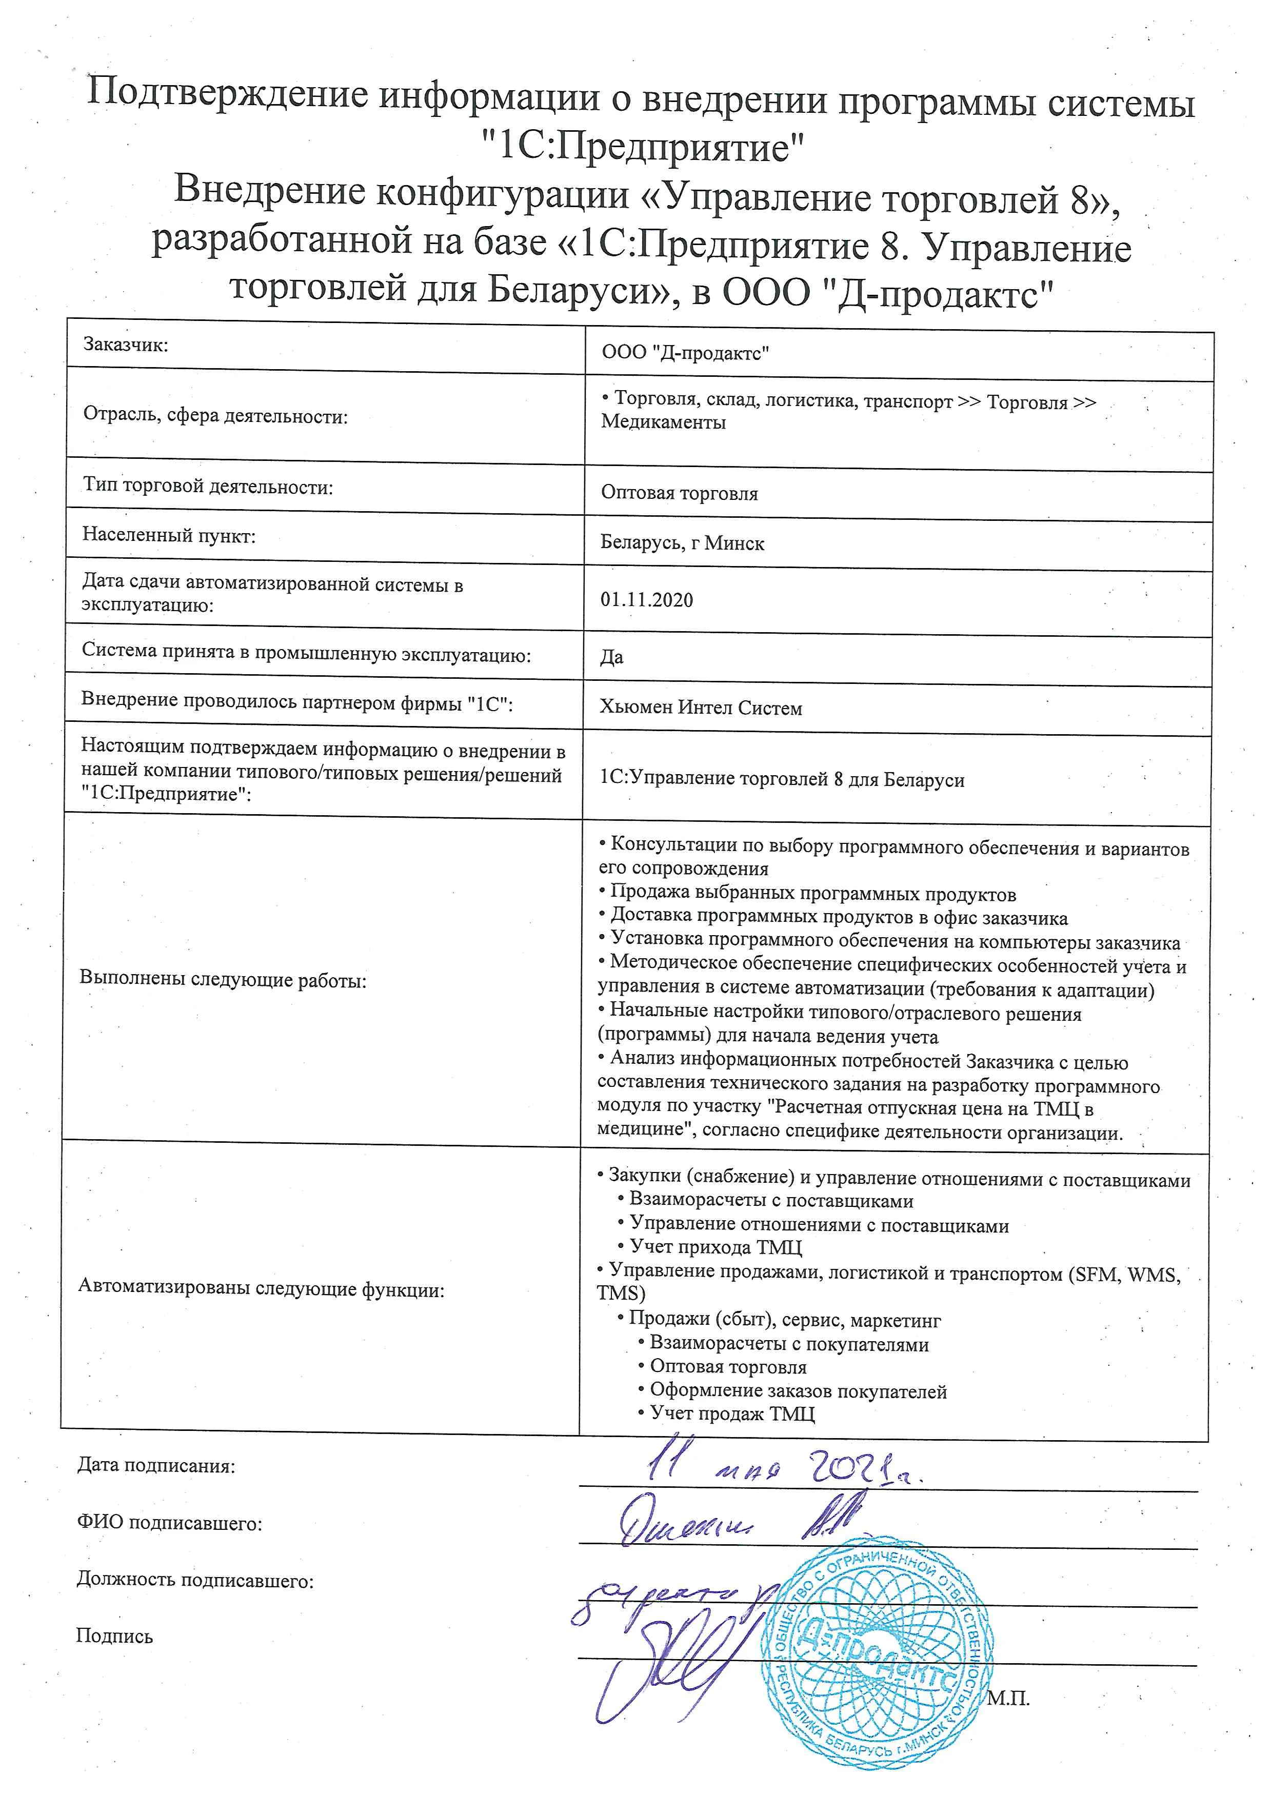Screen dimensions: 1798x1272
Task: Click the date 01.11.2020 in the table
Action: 646,600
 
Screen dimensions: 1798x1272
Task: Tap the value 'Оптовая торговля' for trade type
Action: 679,493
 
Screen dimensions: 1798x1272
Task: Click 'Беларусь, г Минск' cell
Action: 682,543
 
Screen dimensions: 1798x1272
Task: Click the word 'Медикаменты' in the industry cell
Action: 663,423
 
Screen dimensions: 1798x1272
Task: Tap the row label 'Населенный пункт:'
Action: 169,536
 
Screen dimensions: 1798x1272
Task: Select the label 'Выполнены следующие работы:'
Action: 223,980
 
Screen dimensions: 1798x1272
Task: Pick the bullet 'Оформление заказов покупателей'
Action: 798,1391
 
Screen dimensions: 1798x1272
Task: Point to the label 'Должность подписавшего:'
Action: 195,1580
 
